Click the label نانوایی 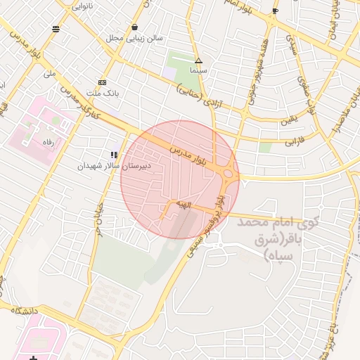coord(82,6)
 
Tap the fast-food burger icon coord(56,29)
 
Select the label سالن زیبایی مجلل coord(134,38)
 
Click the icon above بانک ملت coord(103,82)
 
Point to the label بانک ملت coord(103,93)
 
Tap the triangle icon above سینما coord(198,61)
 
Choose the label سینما coord(198,72)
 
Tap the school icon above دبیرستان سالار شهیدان coord(113,155)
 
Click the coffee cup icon coord(275,11)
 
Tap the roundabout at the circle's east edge coord(229,173)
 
